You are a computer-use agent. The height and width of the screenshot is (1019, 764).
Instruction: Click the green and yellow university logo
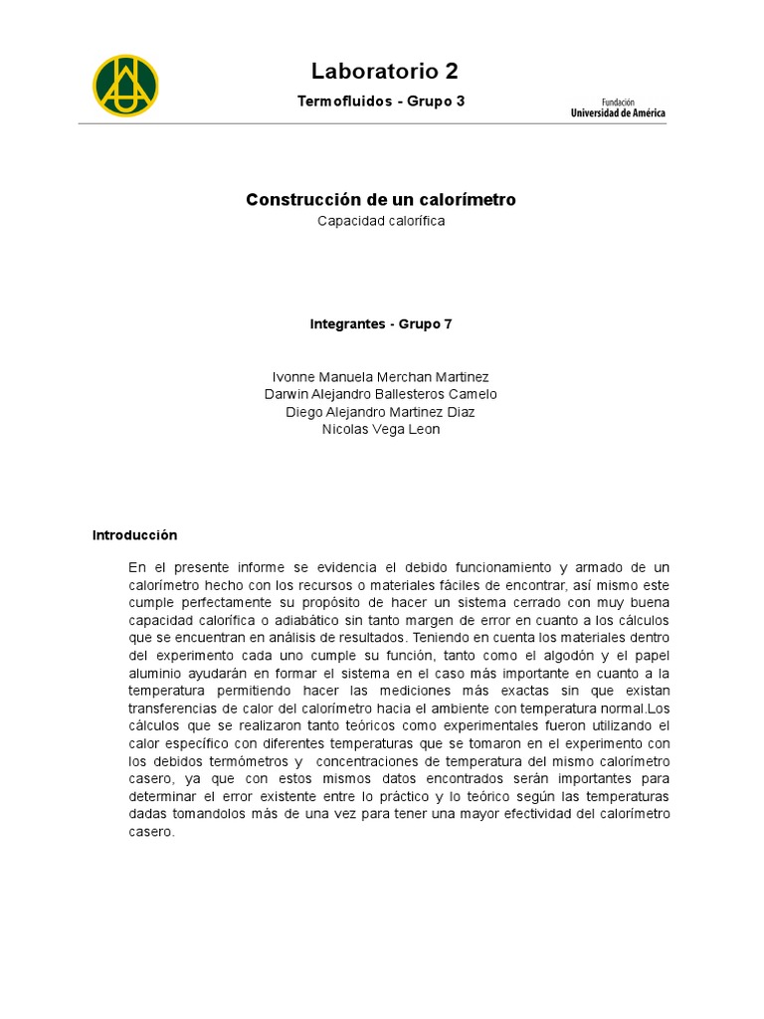tap(125, 86)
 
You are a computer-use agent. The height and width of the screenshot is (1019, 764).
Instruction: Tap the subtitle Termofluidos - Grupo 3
tap(381, 102)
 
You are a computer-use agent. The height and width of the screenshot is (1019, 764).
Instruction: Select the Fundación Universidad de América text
tap(618, 107)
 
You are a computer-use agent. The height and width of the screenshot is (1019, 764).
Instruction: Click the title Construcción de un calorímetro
tap(381, 200)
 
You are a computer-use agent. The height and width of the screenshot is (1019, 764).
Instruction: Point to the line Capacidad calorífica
tap(381, 221)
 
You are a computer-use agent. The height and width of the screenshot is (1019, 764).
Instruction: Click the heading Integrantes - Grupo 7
tap(381, 324)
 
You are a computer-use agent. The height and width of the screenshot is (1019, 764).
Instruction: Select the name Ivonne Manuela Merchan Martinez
tap(381, 377)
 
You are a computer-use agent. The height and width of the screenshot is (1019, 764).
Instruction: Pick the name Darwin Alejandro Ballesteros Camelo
tap(381, 394)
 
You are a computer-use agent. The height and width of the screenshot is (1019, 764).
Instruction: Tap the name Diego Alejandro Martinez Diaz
tap(381, 412)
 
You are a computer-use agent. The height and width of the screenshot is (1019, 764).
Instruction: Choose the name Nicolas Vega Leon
tap(381, 429)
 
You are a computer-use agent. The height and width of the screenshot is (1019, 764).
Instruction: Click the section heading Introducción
tap(134, 535)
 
